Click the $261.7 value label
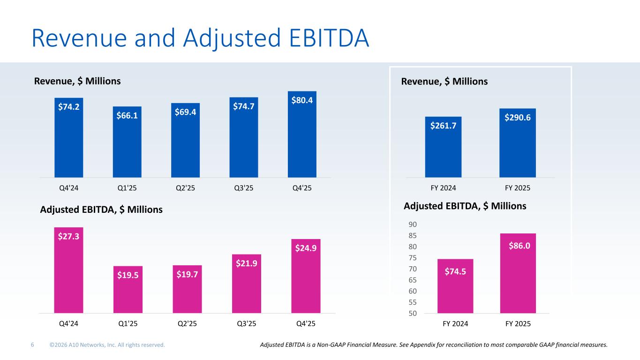point(443,125)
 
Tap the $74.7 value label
point(244,106)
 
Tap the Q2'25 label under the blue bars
point(186,188)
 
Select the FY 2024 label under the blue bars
point(443,188)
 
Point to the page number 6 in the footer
point(32,345)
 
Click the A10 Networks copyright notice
point(107,345)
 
